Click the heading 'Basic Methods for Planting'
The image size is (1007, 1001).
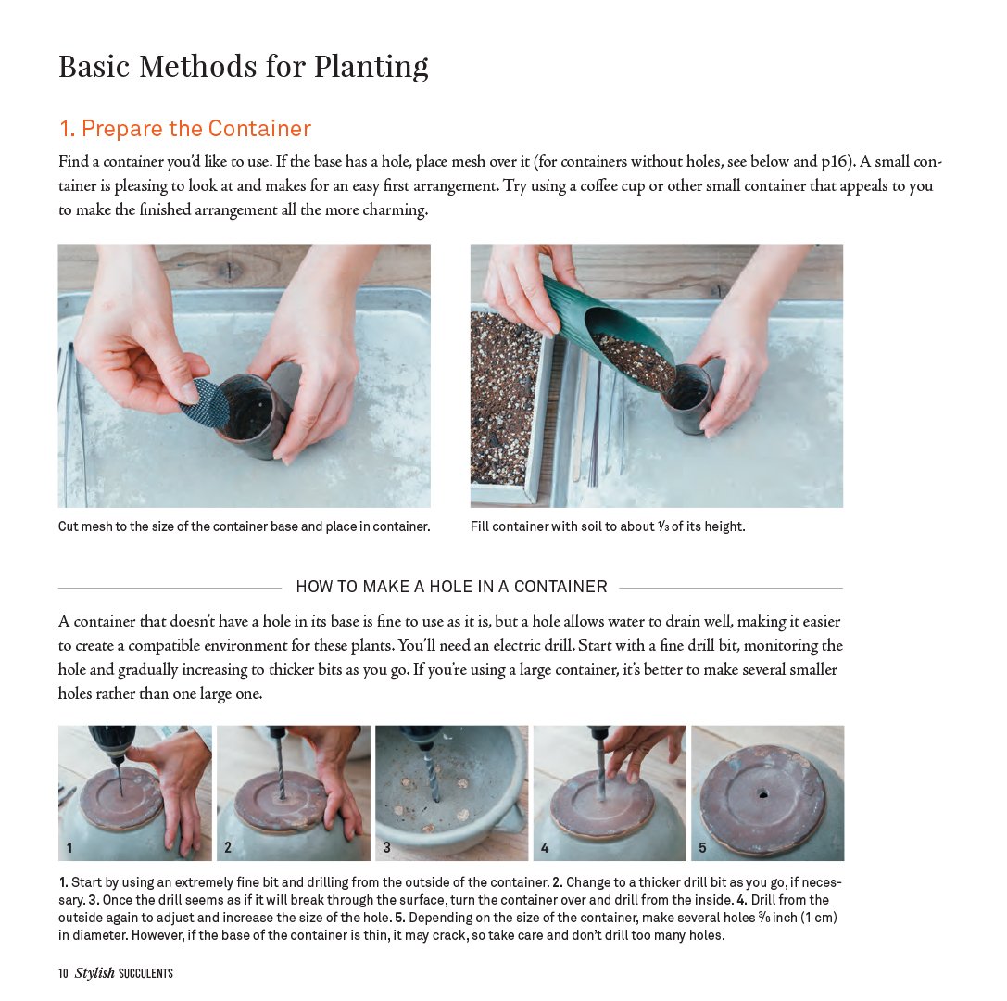point(243,67)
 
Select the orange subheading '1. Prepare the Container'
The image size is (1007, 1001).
point(184,128)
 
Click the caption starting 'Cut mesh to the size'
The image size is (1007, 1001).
point(244,526)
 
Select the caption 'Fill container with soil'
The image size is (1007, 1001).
point(607,526)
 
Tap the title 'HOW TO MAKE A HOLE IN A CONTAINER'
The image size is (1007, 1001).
point(451,587)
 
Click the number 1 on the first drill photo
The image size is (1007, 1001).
point(69,847)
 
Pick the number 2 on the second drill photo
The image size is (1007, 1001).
point(228,847)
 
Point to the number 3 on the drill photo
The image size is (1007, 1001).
point(386,847)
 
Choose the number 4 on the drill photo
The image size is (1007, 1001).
point(545,847)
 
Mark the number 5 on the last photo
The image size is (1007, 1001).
point(702,847)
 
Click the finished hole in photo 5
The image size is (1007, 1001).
point(762,794)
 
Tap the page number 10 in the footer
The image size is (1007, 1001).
point(63,973)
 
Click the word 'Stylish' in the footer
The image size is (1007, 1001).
point(94,973)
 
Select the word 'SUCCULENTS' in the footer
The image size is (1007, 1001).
point(146,973)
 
